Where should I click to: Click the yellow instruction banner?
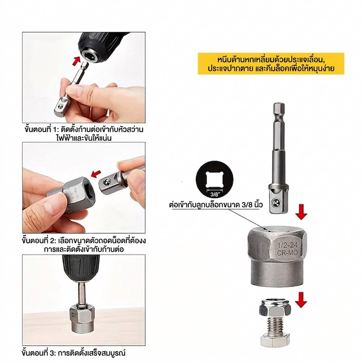click(x=271, y=64)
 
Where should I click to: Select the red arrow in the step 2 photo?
click(x=96, y=174)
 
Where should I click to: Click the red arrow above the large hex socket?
click(x=301, y=211)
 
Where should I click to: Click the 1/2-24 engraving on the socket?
click(x=288, y=245)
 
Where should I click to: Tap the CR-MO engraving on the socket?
click(x=288, y=253)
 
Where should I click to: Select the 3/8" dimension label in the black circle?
click(x=214, y=194)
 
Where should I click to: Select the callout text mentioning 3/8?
click(x=216, y=205)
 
